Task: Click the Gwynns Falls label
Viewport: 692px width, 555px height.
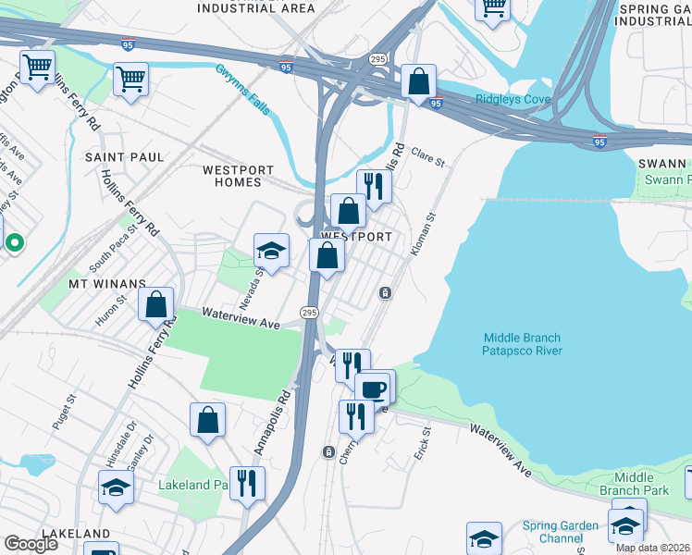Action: click(243, 90)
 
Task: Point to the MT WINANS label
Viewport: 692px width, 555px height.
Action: click(106, 283)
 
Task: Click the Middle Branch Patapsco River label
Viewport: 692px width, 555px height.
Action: click(522, 345)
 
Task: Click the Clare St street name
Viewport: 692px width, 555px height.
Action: click(428, 157)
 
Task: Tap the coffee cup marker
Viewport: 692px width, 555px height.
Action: click(374, 388)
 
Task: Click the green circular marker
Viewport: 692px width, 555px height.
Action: click(14, 243)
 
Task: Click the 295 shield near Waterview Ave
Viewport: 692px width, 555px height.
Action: click(310, 314)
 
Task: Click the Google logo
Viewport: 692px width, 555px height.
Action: click(31, 543)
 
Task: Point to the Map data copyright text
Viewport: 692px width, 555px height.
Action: click(653, 548)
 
